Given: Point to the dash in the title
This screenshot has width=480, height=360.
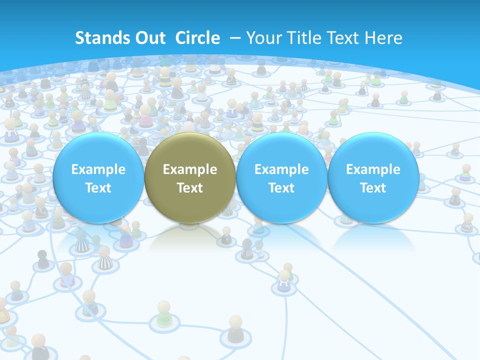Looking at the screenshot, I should (235, 38).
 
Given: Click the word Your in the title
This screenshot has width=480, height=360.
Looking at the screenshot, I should (262, 38).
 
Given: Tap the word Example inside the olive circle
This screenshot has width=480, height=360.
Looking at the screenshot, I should (190, 169).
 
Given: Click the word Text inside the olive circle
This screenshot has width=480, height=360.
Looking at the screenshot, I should (190, 188).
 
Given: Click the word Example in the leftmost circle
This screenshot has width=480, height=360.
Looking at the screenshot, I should (98, 169).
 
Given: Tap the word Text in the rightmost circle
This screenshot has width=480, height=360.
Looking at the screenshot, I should (373, 188).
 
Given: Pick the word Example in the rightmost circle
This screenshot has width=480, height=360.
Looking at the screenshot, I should (373, 169).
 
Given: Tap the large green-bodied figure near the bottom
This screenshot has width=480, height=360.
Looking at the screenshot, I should (163, 314).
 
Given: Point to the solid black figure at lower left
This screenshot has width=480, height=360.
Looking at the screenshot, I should (43, 259).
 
